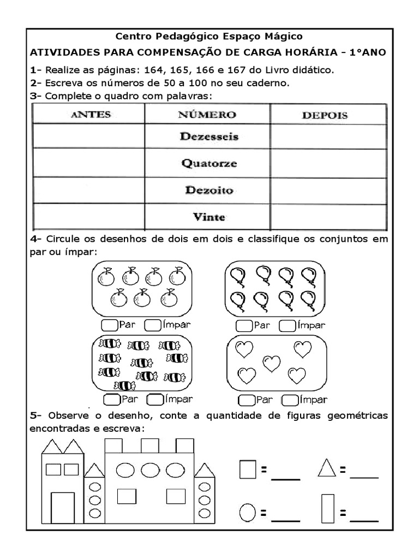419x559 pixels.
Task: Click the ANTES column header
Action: (x=90, y=115)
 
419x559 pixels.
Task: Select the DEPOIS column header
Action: (x=325, y=115)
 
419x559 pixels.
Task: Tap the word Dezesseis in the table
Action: (x=209, y=137)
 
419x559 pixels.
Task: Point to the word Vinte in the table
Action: (x=209, y=217)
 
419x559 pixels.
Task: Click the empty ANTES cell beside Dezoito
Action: (x=89, y=191)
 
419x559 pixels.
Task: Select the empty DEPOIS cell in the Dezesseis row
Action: (x=328, y=137)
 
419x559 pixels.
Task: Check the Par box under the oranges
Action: (x=110, y=325)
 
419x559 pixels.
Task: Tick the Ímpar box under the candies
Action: (x=155, y=399)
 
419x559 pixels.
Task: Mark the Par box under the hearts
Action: (x=247, y=400)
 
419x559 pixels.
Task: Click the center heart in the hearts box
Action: (x=271, y=362)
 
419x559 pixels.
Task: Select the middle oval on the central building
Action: (x=149, y=469)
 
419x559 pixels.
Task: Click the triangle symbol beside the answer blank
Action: (x=327, y=468)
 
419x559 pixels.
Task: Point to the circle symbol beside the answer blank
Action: (x=247, y=513)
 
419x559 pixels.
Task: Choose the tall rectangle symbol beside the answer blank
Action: (x=327, y=508)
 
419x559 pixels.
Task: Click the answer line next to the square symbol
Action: (x=285, y=476)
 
